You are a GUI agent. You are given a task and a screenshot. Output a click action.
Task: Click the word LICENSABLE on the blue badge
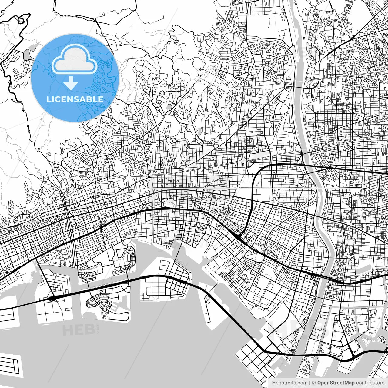click(x=75, y=99)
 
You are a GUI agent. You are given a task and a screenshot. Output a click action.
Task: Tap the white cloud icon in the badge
click(x=75, y=59)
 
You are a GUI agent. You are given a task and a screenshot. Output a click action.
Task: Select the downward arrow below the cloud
click(x=71, y=83)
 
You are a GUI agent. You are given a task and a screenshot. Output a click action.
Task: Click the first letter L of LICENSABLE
click(x=48, y=99)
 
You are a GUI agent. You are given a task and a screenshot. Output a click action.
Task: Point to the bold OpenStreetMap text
click(x=336, y=383)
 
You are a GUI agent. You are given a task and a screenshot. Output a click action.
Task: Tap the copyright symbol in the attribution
click(x=314, y=383)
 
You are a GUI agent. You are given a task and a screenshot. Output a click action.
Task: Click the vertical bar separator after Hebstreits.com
click(x=309, y=383)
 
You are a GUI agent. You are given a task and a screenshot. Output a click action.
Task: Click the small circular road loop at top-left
click(x=21, y=21)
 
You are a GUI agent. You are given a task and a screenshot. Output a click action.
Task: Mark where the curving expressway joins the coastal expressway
click(x=239, y=237)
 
